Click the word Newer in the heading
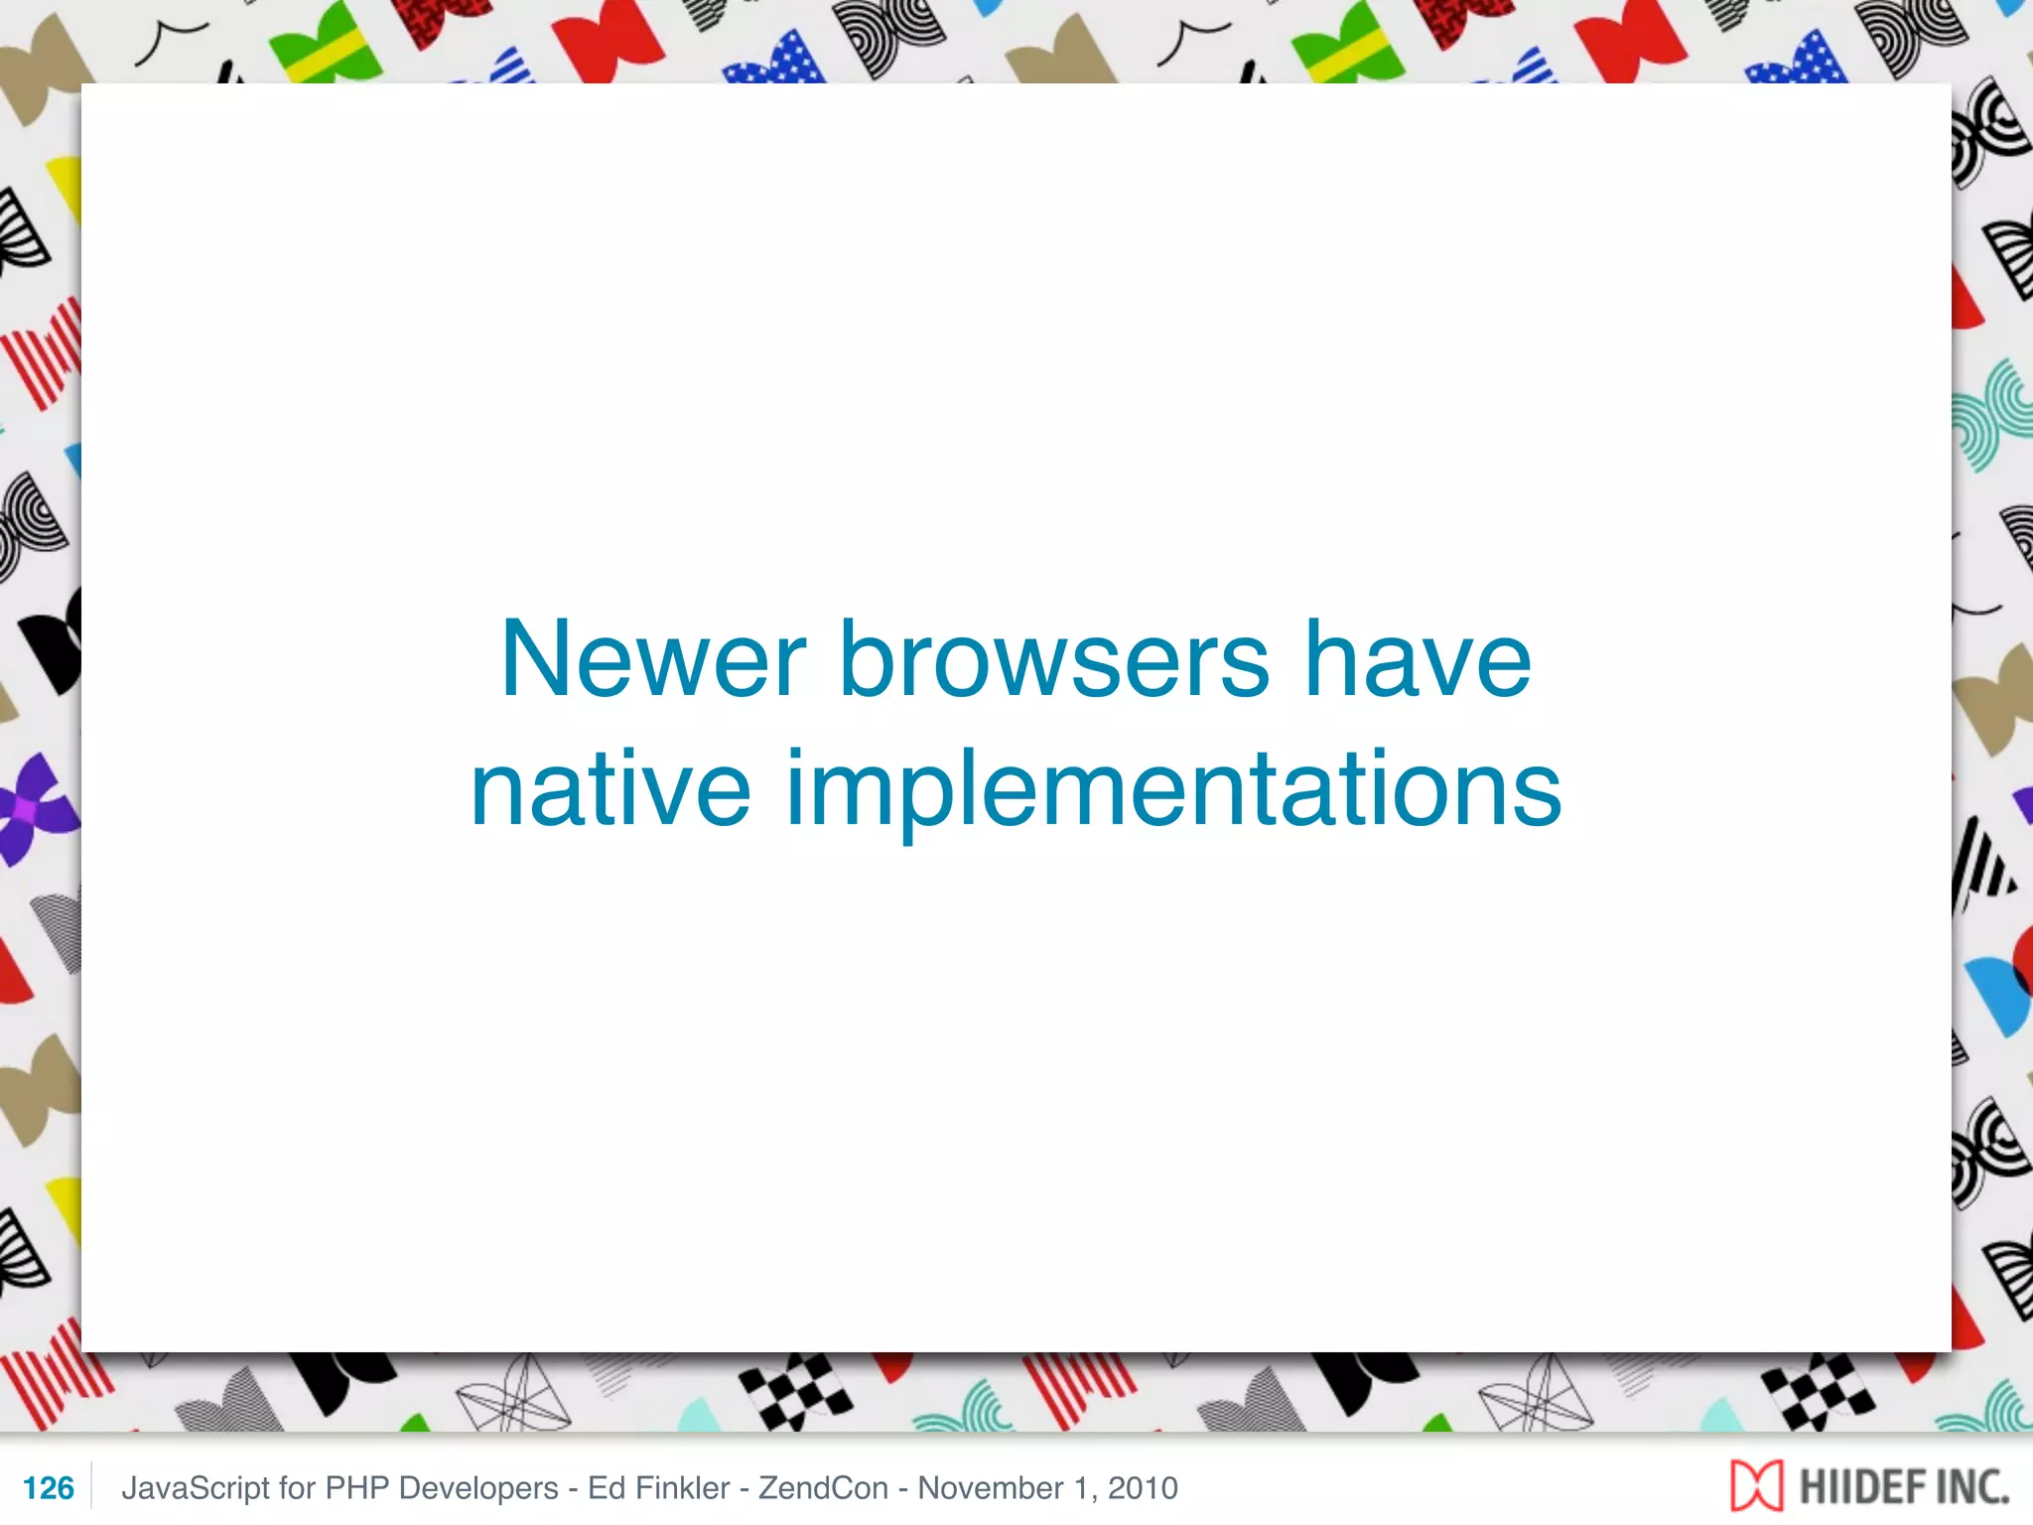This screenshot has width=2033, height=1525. [653, 659]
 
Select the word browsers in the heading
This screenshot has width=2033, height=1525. [1054, 659]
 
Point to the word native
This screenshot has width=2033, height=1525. [610, 789]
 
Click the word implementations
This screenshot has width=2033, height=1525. [1173, 791]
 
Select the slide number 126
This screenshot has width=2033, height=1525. [48, 1487]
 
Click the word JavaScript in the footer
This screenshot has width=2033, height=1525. [195, 1487]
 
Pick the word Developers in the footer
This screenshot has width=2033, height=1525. [478, 1487]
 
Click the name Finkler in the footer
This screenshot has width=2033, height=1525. [682, 1487]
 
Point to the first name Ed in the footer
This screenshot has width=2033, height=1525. [606, 1487]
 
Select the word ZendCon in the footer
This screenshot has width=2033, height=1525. [823, 1487]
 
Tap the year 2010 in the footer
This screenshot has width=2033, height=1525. [1143, 1487]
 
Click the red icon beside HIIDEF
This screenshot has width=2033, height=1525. [1756, 1486]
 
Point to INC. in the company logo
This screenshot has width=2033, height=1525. [1969, 1487]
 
